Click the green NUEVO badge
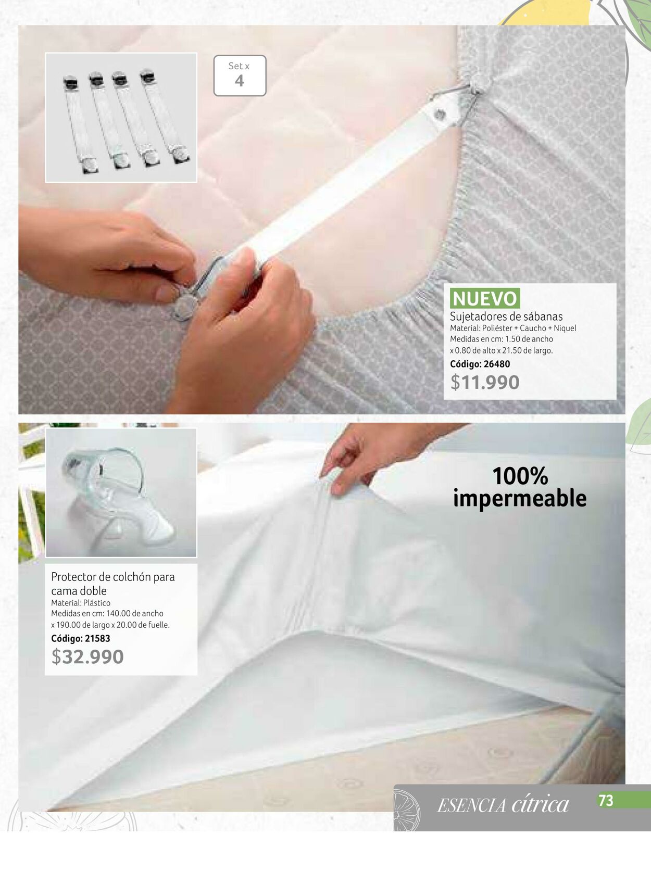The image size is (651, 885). [484, 298]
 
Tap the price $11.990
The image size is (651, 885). [485, 382]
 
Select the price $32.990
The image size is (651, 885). [87, 656]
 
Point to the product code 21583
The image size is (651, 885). [97, 638]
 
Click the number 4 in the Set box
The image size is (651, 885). [239, 81]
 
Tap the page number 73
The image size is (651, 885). [606, 801]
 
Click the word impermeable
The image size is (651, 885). [520, 499]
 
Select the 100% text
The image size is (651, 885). [520, 476]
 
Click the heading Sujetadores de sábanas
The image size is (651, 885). [506, 316]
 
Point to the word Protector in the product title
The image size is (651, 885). [73, 577]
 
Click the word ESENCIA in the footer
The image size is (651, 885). [471, 805]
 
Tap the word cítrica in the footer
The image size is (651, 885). [540, 804]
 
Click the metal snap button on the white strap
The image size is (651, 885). [440, 115]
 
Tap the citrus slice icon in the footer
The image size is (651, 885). [406, 811]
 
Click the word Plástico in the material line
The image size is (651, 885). [96, 603]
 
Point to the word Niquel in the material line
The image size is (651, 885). [565, 328]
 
